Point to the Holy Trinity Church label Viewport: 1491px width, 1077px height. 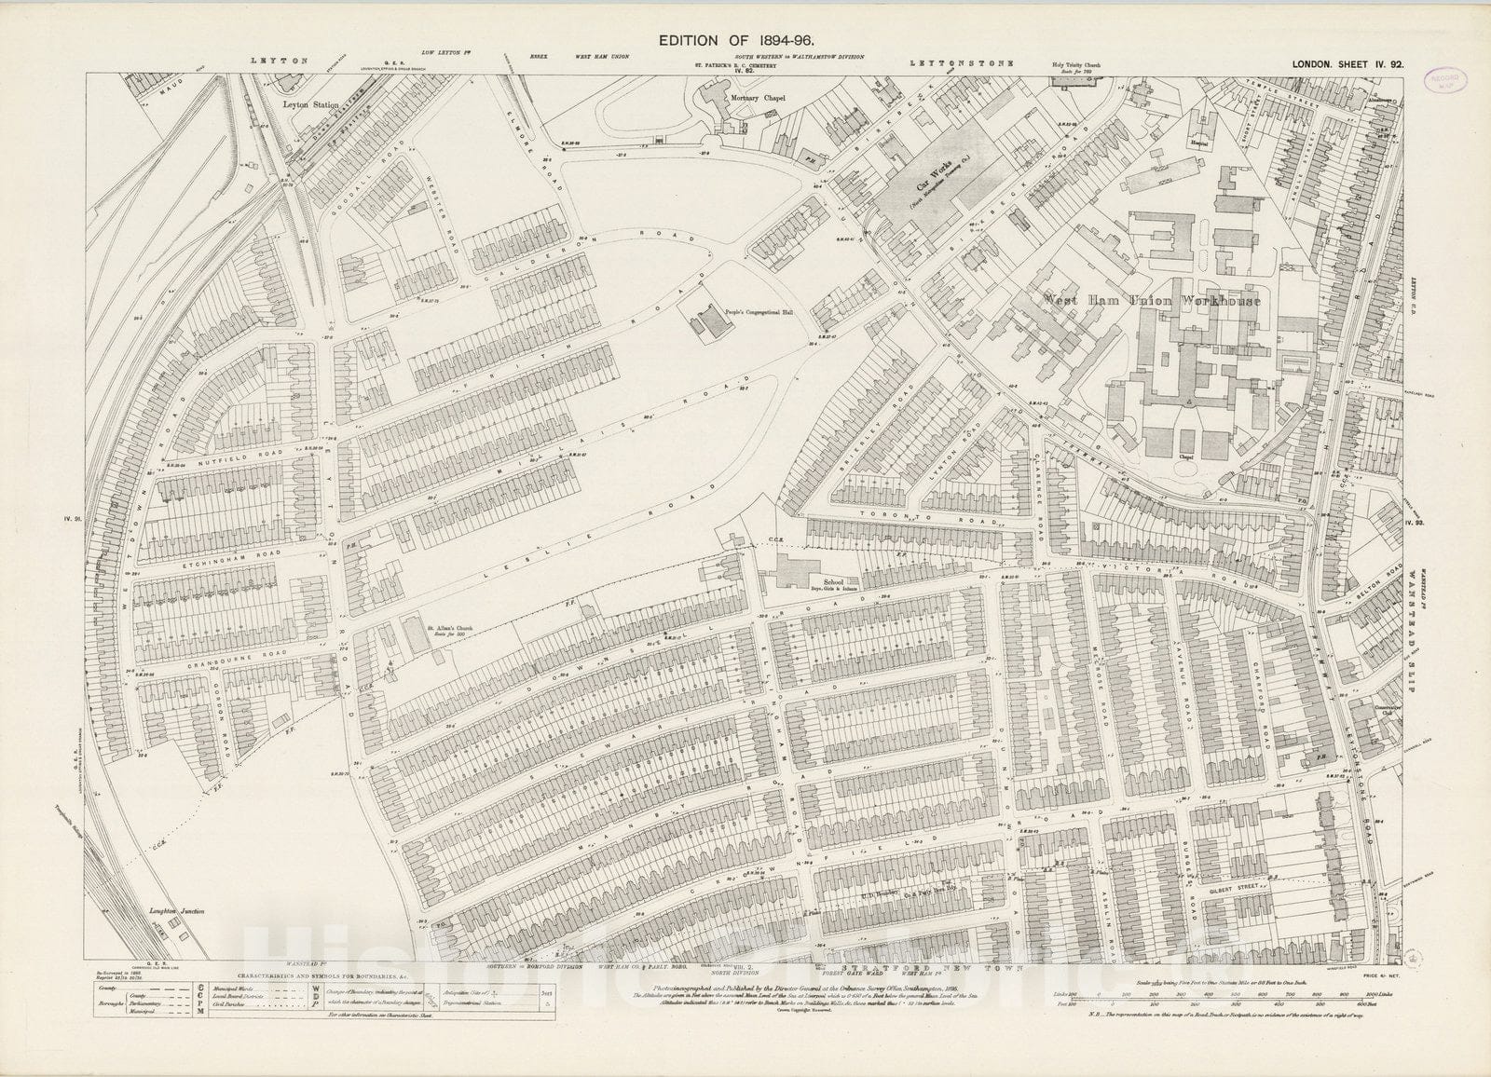pos(1076,64)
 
